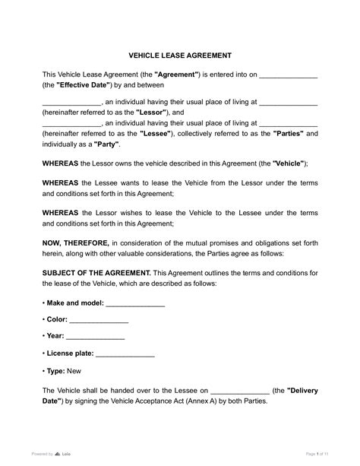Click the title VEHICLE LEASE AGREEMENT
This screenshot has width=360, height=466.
click(179, 55)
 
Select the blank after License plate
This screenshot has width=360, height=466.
click(125, 353)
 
